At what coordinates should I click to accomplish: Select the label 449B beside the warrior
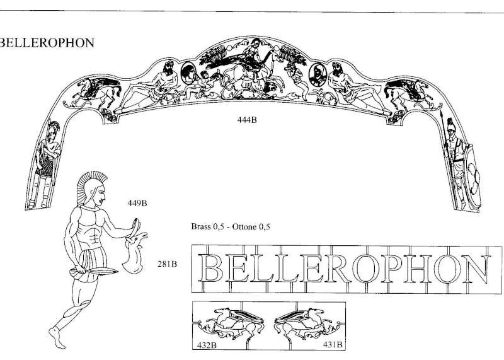[137, 204]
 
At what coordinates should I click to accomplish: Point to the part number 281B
[167, 264]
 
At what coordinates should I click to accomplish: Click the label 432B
[207, 345]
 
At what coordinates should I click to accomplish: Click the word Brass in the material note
[202, 226]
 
